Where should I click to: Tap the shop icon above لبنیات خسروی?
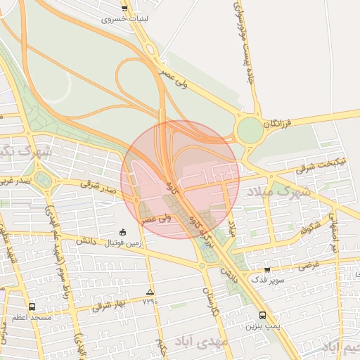pos(124,8)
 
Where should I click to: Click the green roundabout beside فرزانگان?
pos(250,130)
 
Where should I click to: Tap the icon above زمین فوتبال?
pos(123,232)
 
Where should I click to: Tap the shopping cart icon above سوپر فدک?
pos(266,269)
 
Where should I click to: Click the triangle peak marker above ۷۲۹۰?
pos(149,291)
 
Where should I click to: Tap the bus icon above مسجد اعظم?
pos(32,307)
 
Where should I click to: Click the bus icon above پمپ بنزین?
pos(262,315)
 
